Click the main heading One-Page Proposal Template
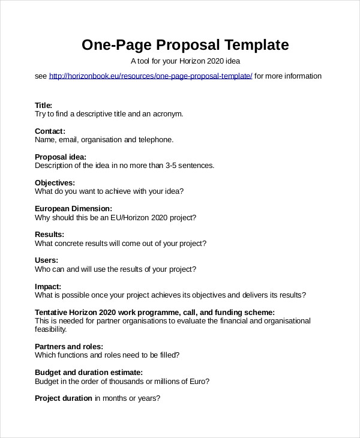coord(185,44)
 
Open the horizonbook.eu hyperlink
coord(151,76)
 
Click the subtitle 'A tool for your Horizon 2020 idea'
coord(185,61)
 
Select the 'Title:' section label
coord(44,105)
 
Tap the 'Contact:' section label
coord(50,131)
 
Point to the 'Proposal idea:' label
coord(61,157)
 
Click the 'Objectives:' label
coord(55,182)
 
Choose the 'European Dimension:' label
coord(73,208)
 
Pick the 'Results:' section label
coord(49,234)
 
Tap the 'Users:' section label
coord(46,260)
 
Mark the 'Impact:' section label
coord(48,286)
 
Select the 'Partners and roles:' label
coord(69,346)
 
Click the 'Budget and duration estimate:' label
coord(89,372)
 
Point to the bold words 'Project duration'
coord(64,398)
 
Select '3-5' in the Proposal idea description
coord(169,166)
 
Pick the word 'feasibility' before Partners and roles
coord(50,329)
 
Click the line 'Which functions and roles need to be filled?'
coord(107,355)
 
